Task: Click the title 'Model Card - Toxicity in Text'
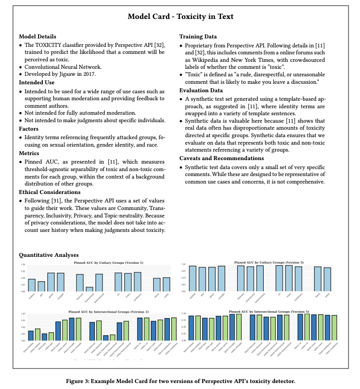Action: (180, 16)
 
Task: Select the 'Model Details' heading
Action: (37, 37)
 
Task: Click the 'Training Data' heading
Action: (198, 37)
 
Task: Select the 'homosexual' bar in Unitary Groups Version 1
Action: (89, 289)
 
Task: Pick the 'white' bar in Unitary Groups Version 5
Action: (327, 279)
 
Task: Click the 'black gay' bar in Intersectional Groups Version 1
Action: (44, 337)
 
